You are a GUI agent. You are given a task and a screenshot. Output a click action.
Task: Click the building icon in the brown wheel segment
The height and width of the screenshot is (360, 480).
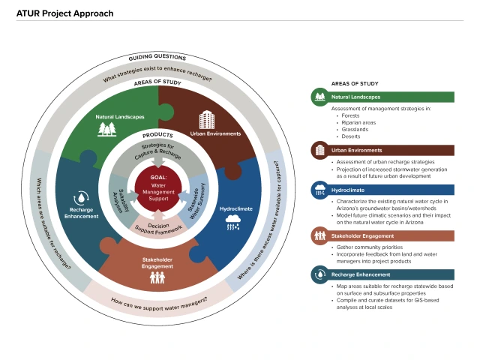coord(207,120)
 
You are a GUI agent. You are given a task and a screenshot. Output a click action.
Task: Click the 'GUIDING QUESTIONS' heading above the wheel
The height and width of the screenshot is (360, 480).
coord(158,58)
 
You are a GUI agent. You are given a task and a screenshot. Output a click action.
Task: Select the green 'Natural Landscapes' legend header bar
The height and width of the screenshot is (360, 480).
coord(382,97)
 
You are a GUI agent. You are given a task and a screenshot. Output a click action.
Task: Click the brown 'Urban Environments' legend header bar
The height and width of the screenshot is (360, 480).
coord(382,151)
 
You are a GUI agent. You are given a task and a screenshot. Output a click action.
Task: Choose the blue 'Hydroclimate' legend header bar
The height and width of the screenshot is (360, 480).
coord(382,188)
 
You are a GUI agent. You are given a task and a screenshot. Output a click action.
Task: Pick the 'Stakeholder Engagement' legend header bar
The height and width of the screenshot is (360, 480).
coord(382,235)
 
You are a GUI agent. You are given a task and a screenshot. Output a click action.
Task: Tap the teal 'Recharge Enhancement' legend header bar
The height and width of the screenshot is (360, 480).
coord(382,275)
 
